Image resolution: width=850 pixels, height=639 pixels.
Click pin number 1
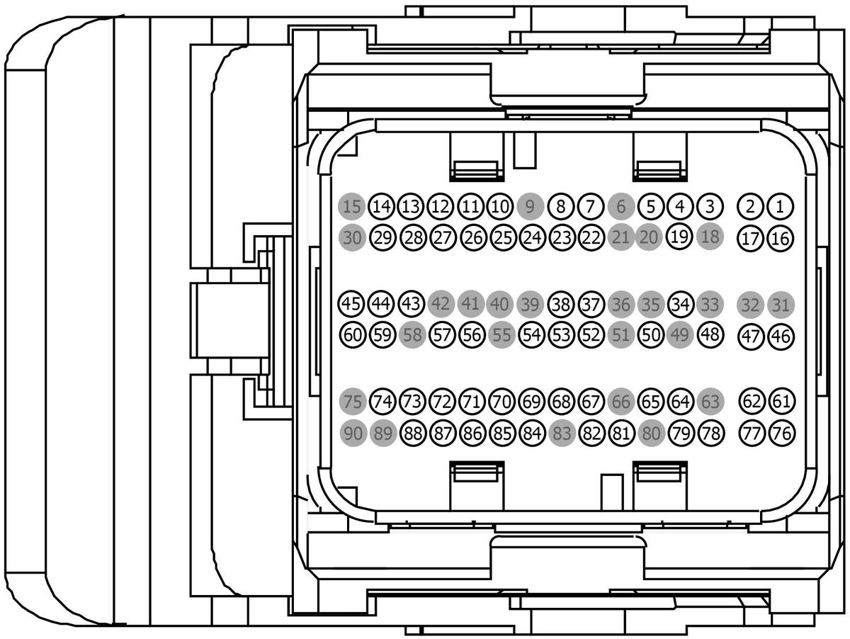point(781,207)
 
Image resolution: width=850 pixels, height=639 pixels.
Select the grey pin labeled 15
point(351,207)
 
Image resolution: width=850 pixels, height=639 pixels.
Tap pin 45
point(351,305)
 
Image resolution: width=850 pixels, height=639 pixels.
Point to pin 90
point(351,432)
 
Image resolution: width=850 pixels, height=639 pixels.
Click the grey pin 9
point(530,207)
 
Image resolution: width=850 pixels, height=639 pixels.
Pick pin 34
point(680,305)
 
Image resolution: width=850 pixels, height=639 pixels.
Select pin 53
point(561,334)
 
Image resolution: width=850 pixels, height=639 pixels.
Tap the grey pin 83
point(561,432)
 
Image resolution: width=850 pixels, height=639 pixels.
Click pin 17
point(750,238)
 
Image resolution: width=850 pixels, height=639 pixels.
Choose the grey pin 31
point(781,305)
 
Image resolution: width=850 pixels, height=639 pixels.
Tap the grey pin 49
point(680,334)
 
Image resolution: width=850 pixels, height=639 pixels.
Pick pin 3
point(710,207)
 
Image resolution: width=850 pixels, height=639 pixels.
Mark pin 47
point(750,335)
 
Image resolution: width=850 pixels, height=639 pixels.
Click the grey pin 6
point(620,207)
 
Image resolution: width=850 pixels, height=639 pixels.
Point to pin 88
point(412,432)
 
